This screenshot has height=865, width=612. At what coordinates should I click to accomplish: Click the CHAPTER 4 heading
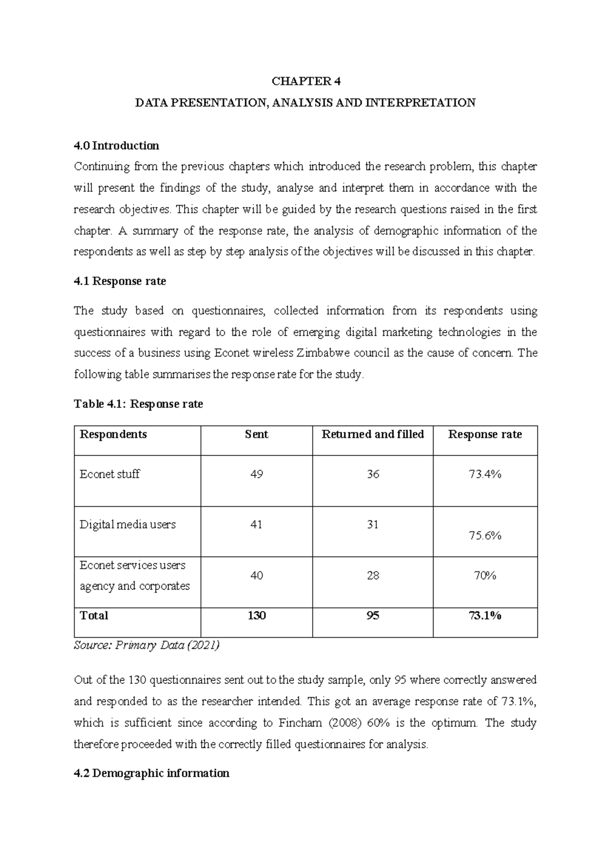305,82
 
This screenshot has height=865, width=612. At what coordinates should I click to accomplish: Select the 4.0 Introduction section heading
116,146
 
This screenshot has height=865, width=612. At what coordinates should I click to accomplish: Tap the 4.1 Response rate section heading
120,282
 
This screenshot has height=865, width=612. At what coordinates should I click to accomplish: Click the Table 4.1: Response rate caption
138,404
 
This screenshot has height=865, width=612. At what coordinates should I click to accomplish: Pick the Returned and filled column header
372,435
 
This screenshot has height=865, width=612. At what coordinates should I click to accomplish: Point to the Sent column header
256,435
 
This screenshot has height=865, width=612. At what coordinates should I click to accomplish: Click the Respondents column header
113,435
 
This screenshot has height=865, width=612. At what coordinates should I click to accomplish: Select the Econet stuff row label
110,474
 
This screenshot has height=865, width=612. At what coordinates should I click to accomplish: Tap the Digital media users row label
127,525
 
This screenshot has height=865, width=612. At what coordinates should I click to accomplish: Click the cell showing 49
256,474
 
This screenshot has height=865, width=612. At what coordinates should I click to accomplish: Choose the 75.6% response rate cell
484,536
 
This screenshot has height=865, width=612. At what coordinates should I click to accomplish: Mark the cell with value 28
372,576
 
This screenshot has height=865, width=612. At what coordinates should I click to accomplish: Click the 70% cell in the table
484,576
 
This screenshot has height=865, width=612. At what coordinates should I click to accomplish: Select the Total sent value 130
256,616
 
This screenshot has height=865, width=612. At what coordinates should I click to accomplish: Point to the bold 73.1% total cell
484,616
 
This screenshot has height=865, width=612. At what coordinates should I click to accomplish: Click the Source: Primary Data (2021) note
146,646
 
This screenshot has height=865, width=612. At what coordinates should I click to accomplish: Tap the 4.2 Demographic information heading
151,774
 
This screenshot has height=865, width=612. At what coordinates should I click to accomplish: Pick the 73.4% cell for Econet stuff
484,474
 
